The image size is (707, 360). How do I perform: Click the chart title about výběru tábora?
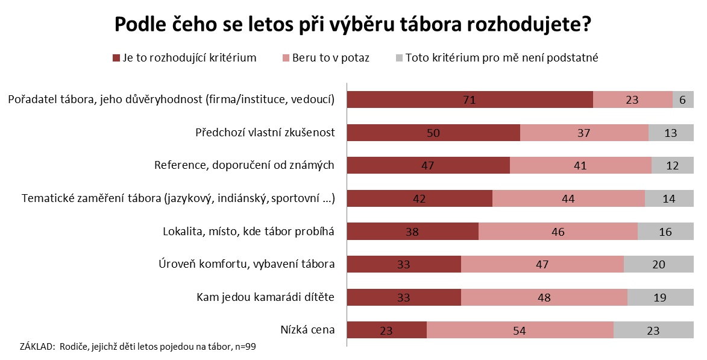353,25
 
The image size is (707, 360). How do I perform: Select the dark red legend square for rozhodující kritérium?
116,58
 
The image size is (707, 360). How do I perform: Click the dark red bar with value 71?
470,99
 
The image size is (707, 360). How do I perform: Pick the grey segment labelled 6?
683,99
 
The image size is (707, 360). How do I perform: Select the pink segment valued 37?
584,133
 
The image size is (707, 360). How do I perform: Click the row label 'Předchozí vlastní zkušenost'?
265,133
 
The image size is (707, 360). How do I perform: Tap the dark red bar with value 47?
429,165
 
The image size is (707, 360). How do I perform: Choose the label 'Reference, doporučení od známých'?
244,165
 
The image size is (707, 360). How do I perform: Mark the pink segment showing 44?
568,198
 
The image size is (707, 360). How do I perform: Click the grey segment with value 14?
669,198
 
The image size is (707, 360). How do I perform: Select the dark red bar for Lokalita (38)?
413,231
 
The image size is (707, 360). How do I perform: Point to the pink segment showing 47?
542,264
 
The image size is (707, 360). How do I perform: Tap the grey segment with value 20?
659,264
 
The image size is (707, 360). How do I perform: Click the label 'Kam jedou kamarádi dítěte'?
266,297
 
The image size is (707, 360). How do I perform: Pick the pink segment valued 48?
544,297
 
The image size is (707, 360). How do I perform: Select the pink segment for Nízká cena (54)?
520,330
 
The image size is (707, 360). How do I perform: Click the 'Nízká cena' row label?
307,330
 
